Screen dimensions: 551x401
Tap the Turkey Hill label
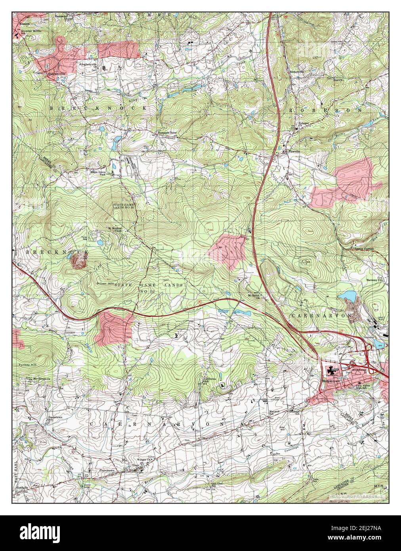(x=27, y=364)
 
